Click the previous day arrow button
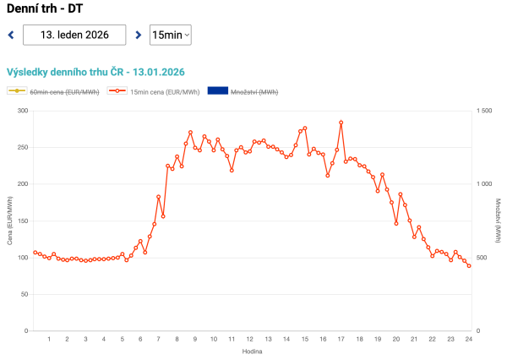(x=10, y=35)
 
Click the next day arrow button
(x=138, y=35)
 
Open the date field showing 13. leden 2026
(x=74, y=35)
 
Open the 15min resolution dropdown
(x=170, y=35)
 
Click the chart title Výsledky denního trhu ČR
(x=95, y=73)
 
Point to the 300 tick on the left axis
(x=23, y=111)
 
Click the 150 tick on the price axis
(x=23, y=221)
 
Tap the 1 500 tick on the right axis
(x=485, y=111)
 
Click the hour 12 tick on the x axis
(x=249, y=339)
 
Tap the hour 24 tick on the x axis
(x=468, y=339)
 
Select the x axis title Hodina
(x=250, y=350)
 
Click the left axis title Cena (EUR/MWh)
(x=10, y=221)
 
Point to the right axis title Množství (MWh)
(x=499, y=221)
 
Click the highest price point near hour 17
(x=341, y=123)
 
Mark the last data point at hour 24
(x=469, y=266)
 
